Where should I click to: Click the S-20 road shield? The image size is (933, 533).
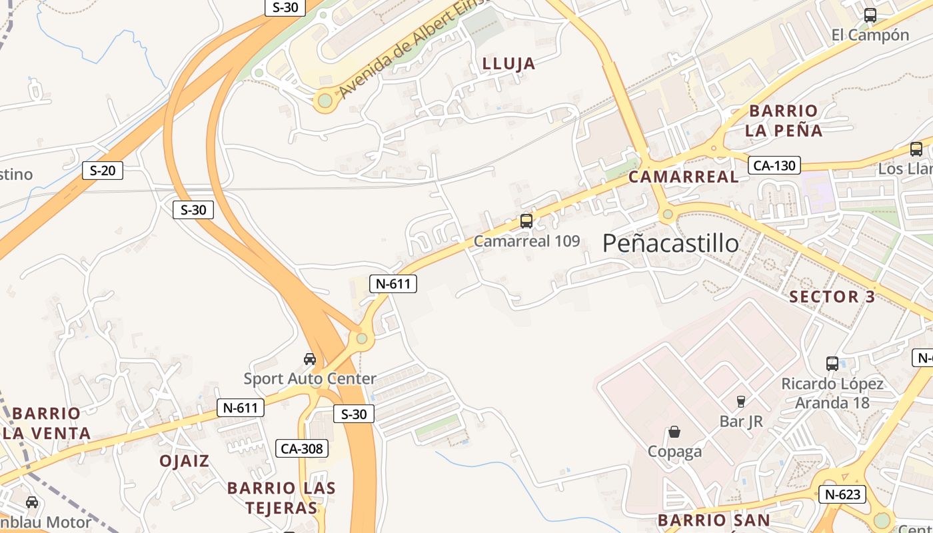pos(103,171)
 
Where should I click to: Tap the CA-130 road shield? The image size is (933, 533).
pos(774,165)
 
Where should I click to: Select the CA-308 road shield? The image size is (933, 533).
pos(302,448)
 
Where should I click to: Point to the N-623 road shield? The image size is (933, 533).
pos(842,494)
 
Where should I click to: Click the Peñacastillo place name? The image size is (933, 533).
pos(670,244)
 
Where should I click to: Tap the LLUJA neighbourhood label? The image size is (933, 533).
pos(508,64)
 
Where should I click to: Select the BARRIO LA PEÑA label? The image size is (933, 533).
pos(783,121)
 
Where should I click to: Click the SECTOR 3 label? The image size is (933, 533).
pos(832,297)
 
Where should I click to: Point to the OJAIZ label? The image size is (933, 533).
pos(184,461)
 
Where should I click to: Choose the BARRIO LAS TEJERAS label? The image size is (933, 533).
pos(281,498)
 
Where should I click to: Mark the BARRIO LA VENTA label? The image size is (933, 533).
pos(47,423)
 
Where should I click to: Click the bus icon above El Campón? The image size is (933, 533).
pos(870,15)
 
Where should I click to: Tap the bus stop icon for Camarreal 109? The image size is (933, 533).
pos(526,221)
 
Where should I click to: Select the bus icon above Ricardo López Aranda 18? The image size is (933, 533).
pos(832,364)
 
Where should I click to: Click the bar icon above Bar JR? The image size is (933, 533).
pos(740,401)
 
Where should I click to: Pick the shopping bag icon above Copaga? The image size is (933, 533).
pos(674,432)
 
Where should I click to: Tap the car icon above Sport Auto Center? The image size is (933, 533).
pos(310,359)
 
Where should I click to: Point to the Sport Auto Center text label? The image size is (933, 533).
pos(310,379)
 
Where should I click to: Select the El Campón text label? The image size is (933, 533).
pos(870,35)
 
